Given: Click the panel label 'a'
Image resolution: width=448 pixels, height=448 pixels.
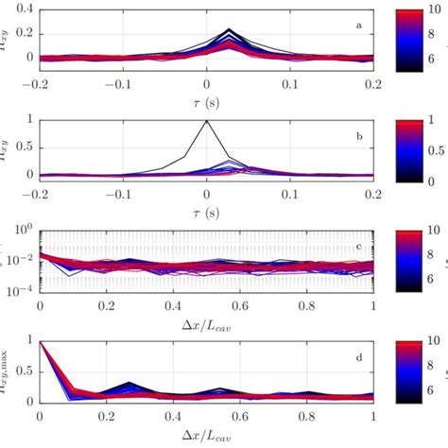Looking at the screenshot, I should [358, 24].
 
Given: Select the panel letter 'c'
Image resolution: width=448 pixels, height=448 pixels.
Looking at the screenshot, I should [358, 248].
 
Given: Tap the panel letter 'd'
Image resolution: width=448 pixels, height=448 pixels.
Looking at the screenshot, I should [358, 357].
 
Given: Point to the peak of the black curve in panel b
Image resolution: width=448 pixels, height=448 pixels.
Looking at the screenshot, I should [207, 120].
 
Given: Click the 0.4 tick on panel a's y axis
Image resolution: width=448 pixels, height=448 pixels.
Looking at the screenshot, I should [22, 9].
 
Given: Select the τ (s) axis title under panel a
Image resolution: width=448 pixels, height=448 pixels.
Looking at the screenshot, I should [207, 97].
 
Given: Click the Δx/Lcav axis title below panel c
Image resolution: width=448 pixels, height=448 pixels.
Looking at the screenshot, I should [207, 322].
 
